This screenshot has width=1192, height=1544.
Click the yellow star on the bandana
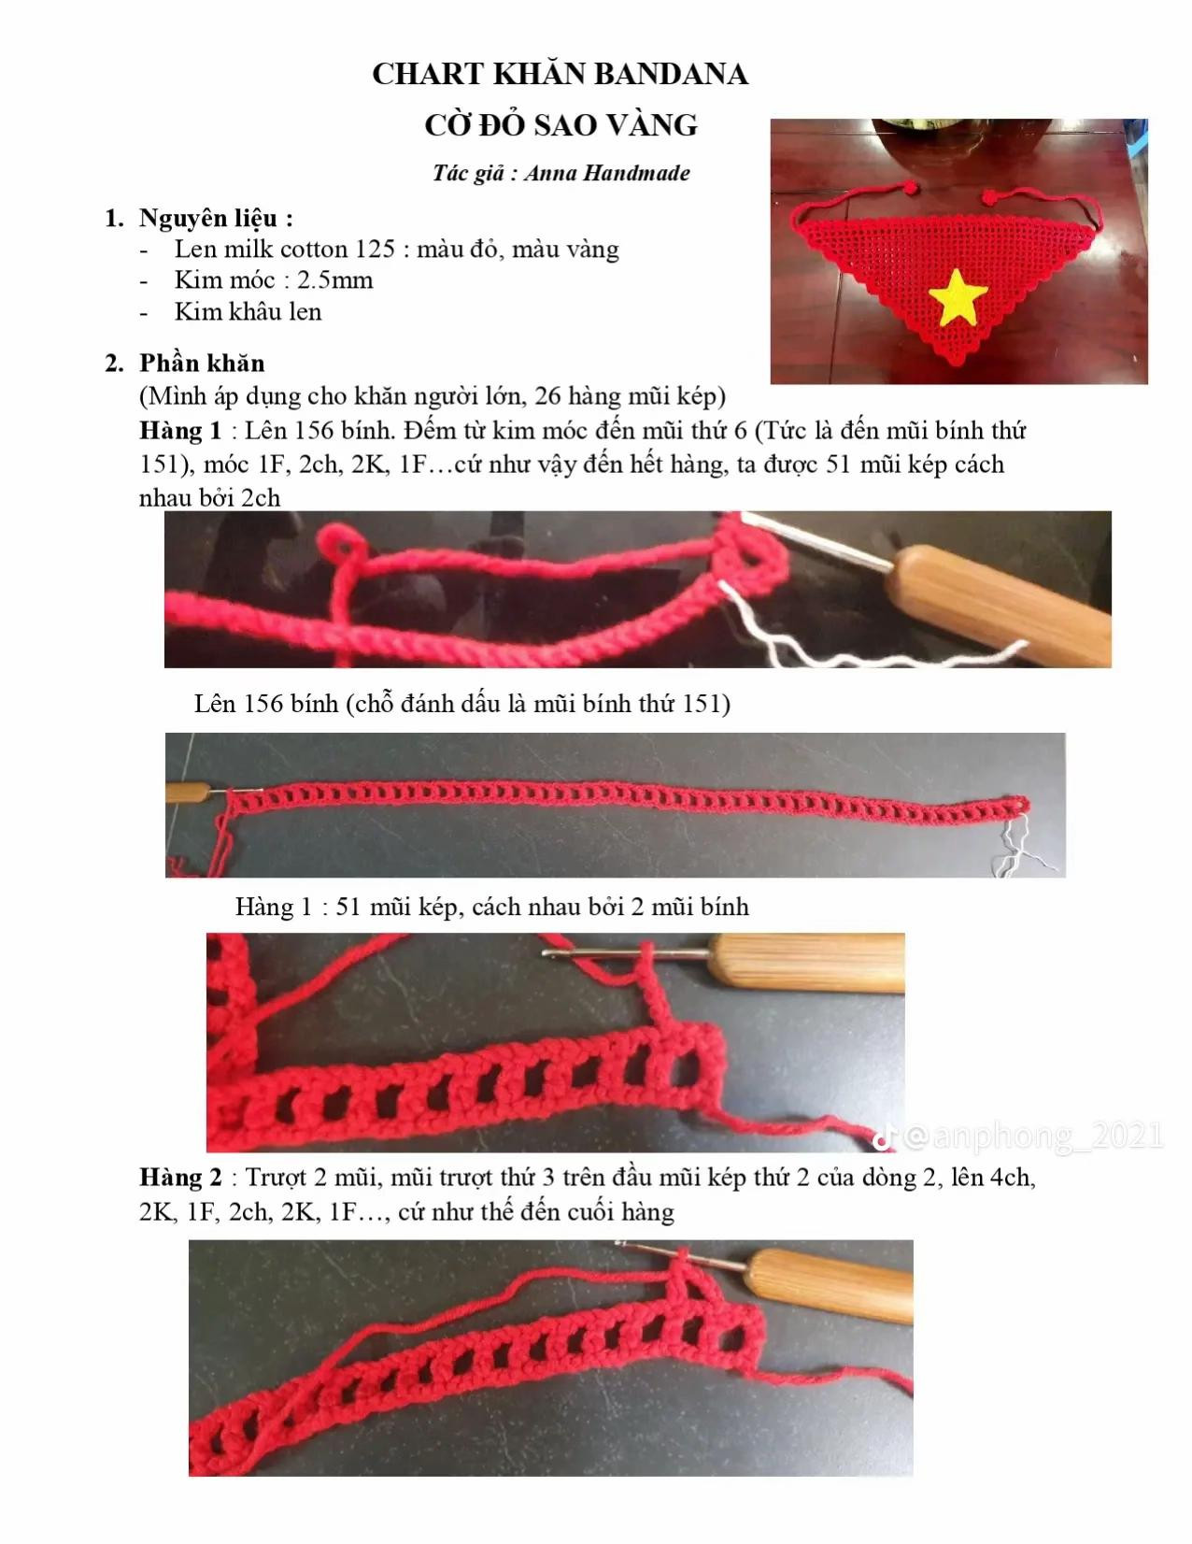coord(958,298)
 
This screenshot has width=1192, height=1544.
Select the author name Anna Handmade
coord(607,173)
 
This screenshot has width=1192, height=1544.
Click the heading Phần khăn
coord(202,363)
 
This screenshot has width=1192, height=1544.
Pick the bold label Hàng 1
coord(180,431)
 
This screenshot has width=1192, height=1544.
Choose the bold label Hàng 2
coord(180,1178)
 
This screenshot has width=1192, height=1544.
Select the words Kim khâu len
coord(248,312)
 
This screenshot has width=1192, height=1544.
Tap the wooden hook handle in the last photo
coord(830,1285)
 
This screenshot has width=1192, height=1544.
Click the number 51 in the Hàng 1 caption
coord(348,908)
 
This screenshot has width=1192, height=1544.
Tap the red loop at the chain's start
coord(341,548)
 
